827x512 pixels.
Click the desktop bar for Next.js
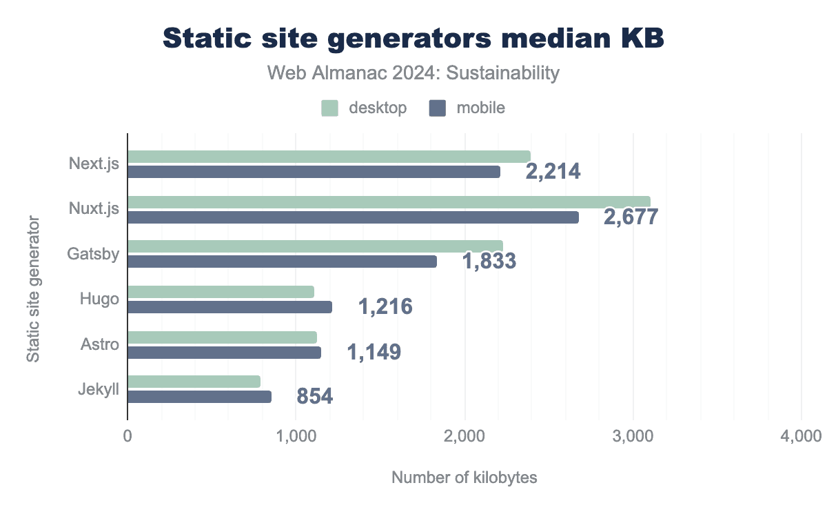tap(329, 157)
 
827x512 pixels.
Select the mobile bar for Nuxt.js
tap(353, 217)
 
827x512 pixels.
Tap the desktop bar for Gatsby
tap(315, 246)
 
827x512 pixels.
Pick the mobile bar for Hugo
tap(229, 307)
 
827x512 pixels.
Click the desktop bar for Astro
tap(222, 337)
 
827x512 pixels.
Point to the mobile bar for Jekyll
tap(199, 397)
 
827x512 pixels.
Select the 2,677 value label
tap(631, 216)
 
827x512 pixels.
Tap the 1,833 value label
tap(489, 261)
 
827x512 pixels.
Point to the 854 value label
tap(315, 396)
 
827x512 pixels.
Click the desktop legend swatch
tap(329, 108)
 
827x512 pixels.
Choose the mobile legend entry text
tap(480, 108)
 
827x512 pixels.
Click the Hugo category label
tap(99, 299)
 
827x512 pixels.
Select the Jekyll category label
tap(99, 389)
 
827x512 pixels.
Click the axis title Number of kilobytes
tap(464, 477)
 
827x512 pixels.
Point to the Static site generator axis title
tap(32, 289)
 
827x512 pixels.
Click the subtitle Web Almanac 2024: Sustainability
tap(413, 73)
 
